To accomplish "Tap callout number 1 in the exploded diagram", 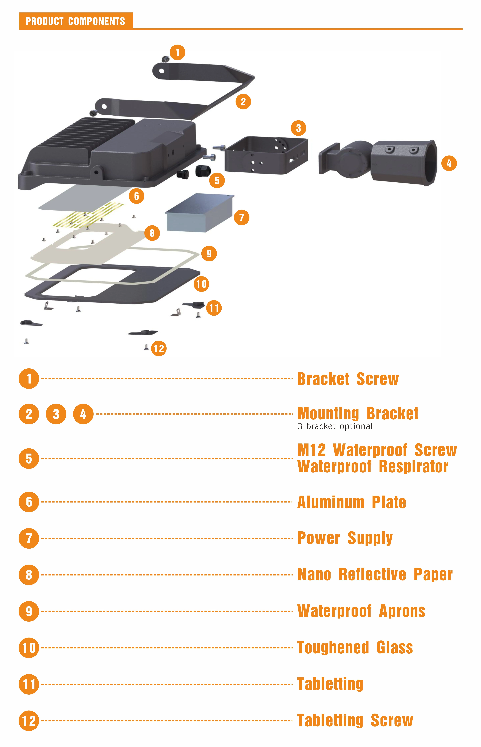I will coord(177,52).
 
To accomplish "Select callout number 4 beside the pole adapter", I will coord(449,163).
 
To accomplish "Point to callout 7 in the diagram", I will coord(241,217).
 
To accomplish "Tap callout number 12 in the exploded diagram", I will coord(159,348).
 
